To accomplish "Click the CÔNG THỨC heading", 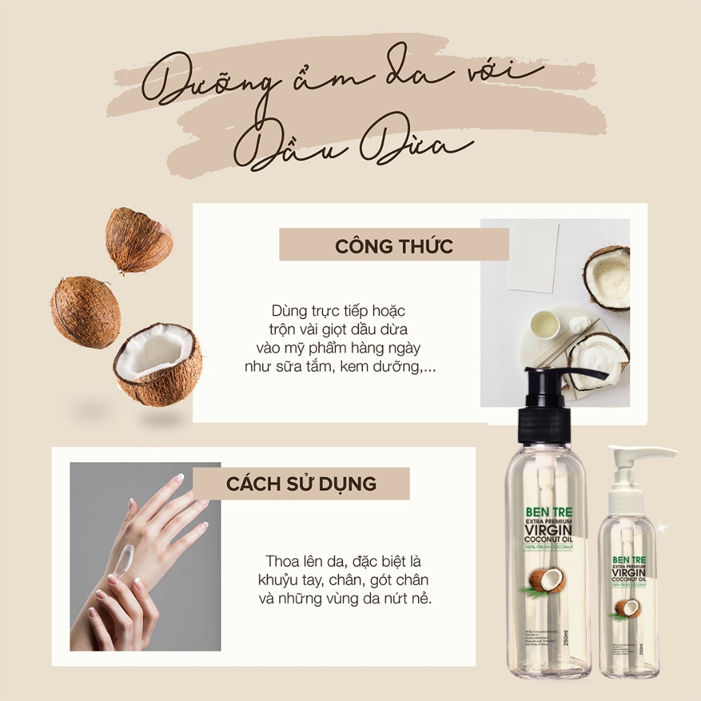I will click(394, 246).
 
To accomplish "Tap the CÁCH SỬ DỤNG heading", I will click(301, 483).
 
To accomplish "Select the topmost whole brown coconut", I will click(138, 240).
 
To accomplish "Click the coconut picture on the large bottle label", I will click(546, 581).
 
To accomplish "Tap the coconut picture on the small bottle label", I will click(628, 607).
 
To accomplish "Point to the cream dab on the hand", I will click(121, 561).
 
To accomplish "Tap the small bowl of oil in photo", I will click(545, 324).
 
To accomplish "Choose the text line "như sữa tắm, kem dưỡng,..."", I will click(340, 367).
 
